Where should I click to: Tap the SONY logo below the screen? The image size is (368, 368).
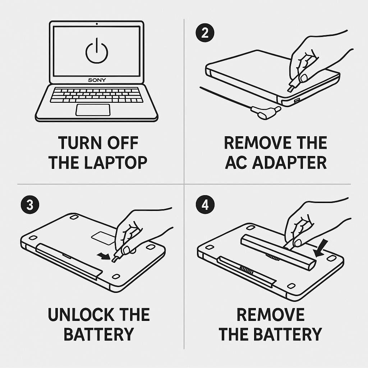click(x=97, y=80)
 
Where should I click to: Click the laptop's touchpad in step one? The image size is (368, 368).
click(x=93, y=110)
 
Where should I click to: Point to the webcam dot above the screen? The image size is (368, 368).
click(x=97, y=24)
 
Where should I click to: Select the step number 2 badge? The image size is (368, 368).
click(x=205, y=33)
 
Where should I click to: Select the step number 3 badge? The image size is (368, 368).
click(x=30, y=204)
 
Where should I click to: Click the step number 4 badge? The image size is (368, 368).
click(x=205, y=204)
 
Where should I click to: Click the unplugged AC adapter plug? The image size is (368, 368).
click(x=266, y=112)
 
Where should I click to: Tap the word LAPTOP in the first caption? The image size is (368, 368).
click(x=115, y=162)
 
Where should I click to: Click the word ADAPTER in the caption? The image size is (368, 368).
click(x=289, y=162)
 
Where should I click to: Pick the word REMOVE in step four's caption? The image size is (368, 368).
click(x=270, y=314)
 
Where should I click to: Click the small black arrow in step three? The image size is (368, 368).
click(x=104, y=256)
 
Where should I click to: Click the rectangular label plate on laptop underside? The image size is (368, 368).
click(x=103, y=238)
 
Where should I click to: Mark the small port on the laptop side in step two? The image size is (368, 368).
click(x=297, y=101)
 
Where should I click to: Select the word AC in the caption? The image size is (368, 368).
click(x=236, y=162)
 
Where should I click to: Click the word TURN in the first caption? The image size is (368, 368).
click(x=80, y=143)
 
